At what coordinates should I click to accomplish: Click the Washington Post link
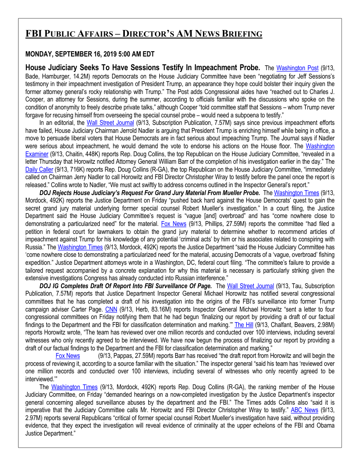click(297, 68)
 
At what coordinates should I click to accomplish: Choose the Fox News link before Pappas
click(67, 355)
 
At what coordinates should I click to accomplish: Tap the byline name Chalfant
click(285, 325)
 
